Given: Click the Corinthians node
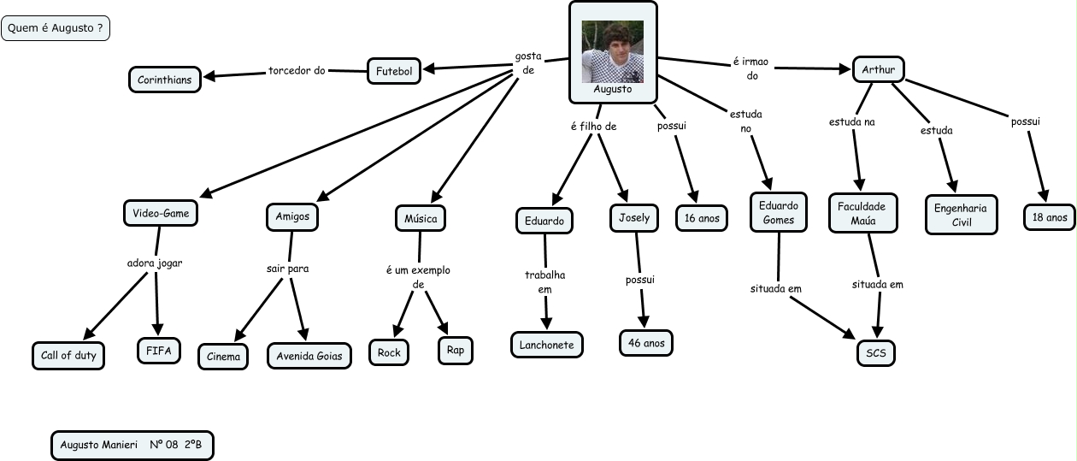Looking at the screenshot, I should (x=166, y=80).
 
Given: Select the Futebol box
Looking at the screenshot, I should (x=394, y=72).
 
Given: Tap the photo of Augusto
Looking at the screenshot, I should (x=612, y=51).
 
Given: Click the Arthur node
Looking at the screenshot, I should (x=879, y=69).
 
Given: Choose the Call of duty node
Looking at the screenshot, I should (x=68, y=355).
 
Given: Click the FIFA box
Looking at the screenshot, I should (x=159, y=351).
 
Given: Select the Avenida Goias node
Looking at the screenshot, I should (x=309, y=356).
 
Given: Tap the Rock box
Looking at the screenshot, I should (x=389, y=352).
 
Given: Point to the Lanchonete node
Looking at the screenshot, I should (x=547, y=345).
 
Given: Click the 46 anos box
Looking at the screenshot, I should (x=646, y=343).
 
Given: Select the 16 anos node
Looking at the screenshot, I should (x=702, y=218).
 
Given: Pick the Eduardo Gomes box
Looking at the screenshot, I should (x=779, y=213).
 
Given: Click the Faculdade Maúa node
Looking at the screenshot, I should (x=863, y=213).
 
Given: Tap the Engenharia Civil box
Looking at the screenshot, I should (x=961, y=215).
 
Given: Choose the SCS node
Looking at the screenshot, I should (x=876, y=352).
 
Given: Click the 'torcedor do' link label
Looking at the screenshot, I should (x=297, y=70).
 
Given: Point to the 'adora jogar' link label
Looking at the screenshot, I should (x=155, y=263).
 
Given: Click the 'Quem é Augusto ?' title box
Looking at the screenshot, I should (x=56, y=28).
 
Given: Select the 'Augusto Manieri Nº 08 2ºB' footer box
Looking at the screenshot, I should (x=132, y=445).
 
